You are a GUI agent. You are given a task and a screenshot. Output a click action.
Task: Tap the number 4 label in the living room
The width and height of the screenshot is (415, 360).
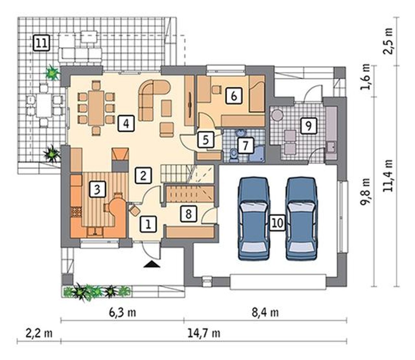(x=126, y=123)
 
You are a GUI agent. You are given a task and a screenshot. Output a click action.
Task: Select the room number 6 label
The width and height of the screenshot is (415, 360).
(x=234, y=96)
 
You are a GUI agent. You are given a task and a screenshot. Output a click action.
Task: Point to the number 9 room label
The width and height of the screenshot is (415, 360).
(x=309, y=126)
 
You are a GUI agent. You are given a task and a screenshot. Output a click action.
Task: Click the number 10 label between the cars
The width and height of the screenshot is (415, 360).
(x=278, y=223)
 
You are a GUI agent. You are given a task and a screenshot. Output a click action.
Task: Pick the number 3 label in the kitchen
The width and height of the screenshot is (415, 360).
(x=97, y=189)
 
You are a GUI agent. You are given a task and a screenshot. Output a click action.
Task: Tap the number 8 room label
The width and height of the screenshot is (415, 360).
(x=188, y=214)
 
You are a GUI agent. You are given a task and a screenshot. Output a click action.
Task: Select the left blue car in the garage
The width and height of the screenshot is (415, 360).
(x=254, y=219)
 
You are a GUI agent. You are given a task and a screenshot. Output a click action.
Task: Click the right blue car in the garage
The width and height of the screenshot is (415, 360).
(x=302, y=219)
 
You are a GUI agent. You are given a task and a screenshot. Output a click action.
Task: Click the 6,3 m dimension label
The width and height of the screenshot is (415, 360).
(x=123, y=312)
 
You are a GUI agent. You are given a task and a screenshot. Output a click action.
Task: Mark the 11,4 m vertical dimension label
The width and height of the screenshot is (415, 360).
(x=387, y=176)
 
